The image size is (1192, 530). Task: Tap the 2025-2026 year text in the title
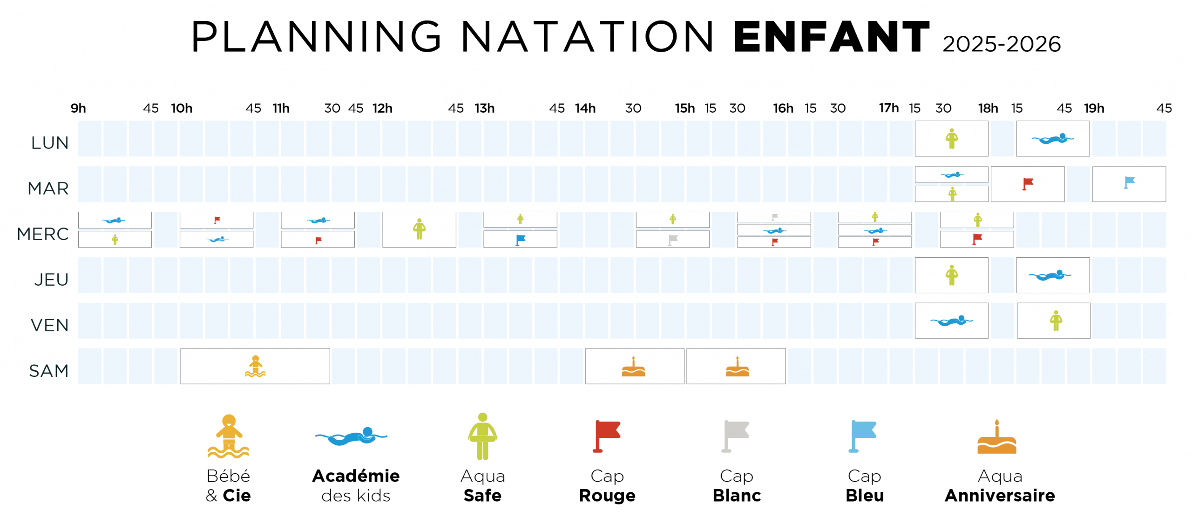click(x=1001, y=45)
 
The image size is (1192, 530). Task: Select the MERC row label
click(x=43, y=234)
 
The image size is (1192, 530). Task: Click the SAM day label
click(x=48, y=370)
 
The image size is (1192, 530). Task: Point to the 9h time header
click(x=78, y=108)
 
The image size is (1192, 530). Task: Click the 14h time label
click(x=585, y=108)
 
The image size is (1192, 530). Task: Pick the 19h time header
click(x=1094, y=108)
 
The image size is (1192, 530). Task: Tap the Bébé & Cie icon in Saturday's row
click(x=255, y=366)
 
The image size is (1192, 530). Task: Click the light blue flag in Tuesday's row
click(x=1129, y=182)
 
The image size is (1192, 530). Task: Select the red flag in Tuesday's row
click(x=1027, y=183)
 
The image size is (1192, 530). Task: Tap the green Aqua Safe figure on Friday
click(x=1056, y=320)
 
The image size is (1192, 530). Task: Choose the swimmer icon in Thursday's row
click(x=1050, y=275)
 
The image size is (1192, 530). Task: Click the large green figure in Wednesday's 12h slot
click(x=419, y=229)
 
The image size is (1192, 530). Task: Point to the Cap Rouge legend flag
click(x=606, y=436)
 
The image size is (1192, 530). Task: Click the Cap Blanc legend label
click(x=736, y=485)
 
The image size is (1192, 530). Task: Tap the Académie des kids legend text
click(x=356, y=485)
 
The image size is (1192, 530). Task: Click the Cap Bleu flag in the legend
click(x=863, y=436)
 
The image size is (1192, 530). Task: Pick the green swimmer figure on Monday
click(x=951, y=138)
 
